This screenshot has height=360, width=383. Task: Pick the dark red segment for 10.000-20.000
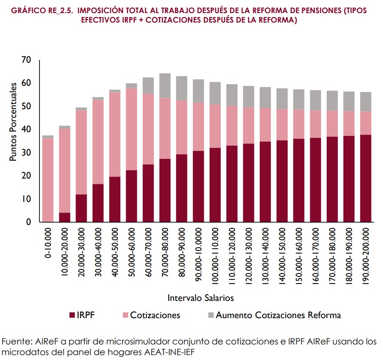65,217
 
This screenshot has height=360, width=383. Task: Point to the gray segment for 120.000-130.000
248,96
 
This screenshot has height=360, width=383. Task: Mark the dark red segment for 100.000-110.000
215,185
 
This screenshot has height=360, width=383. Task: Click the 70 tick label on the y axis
26,60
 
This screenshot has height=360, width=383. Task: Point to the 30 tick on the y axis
26,153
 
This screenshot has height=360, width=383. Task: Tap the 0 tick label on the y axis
29,222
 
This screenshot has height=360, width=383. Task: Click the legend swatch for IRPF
72,315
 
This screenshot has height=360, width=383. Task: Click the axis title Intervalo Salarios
201,297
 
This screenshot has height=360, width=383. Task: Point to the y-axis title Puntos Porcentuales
14,122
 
